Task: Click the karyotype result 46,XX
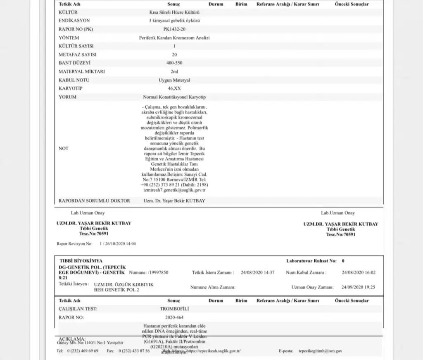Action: point(174,88)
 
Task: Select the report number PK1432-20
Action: point(174,29)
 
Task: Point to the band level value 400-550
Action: point(174,63)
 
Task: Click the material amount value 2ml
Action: point(174,72)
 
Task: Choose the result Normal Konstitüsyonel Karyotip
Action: point(174,97)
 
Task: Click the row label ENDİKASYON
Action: point(74,20)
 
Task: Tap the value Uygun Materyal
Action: point(174,80)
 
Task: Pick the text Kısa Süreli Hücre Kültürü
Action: point(174,12)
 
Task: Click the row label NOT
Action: point(64,148)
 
